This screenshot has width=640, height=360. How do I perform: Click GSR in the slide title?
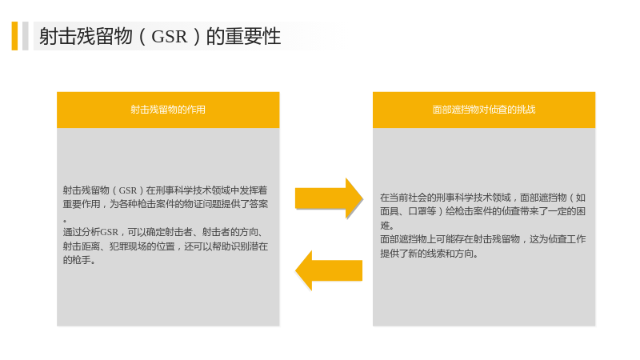click(169, 36)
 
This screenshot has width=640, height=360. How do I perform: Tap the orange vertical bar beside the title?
click(14, 36)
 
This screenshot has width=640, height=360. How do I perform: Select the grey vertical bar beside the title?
click(26, 36)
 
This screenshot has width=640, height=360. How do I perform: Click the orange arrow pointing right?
click(329, 198)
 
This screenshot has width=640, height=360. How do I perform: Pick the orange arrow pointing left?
click(329, 270)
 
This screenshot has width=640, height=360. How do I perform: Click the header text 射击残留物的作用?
click(168, 110)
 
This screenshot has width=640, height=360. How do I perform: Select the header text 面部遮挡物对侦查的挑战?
click(484, 110)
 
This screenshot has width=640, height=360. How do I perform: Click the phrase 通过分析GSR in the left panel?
click(90, 232)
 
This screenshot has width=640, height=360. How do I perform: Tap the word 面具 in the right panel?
click(390, 211)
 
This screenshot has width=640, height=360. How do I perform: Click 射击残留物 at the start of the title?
click(86, 36)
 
